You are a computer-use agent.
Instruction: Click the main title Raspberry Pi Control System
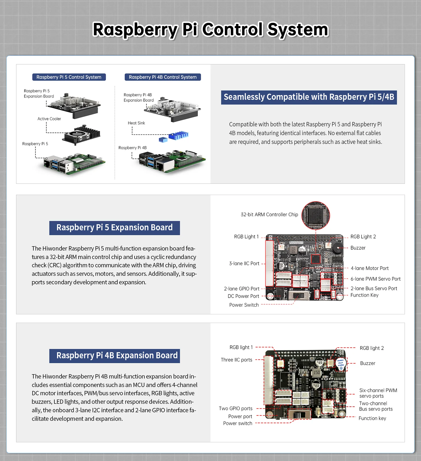pos(210,29)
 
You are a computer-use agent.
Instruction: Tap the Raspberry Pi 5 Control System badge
pos(69,77)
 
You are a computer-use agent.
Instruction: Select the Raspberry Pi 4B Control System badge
pos(162,77)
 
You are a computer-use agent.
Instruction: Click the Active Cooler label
pos(49,119)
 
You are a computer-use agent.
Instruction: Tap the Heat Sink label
pos(136,123)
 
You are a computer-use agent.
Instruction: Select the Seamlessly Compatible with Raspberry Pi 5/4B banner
pos(309,97)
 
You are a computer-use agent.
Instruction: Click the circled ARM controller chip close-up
pos(315,215)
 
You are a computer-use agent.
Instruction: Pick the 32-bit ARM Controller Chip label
pos(269,215)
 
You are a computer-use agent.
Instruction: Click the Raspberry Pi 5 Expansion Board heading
pos(114,228)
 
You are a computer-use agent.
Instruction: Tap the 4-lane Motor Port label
pos(370,268)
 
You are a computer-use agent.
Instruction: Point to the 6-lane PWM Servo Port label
pos(375,279)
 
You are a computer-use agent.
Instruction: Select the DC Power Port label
pos(243,296)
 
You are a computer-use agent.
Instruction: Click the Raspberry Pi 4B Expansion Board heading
pos(114,356)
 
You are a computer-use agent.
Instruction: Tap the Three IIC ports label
pos(236,360)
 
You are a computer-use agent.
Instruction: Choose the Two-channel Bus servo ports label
pos(376,406)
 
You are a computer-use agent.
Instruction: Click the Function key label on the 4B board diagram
pos(372,418)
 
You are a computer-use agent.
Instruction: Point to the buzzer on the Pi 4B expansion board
pos(341,364)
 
